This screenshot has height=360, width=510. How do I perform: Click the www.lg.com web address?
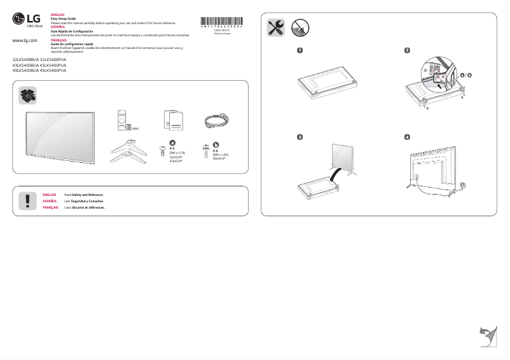(25, 41)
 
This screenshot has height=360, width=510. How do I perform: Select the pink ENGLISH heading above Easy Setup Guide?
(57, 14)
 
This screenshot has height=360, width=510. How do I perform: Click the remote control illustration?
(123, 121)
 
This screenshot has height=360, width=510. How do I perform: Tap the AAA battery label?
(135, 128)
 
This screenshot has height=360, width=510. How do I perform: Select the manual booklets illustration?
(172, 120)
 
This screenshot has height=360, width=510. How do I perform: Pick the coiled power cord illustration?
(216, 120)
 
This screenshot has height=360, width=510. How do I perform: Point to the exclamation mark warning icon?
(28, 200)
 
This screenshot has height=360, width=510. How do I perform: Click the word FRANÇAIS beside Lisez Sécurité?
(51, 207)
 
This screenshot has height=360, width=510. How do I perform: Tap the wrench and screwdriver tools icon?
(275, 27)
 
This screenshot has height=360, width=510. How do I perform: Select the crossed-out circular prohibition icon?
(300, 27)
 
